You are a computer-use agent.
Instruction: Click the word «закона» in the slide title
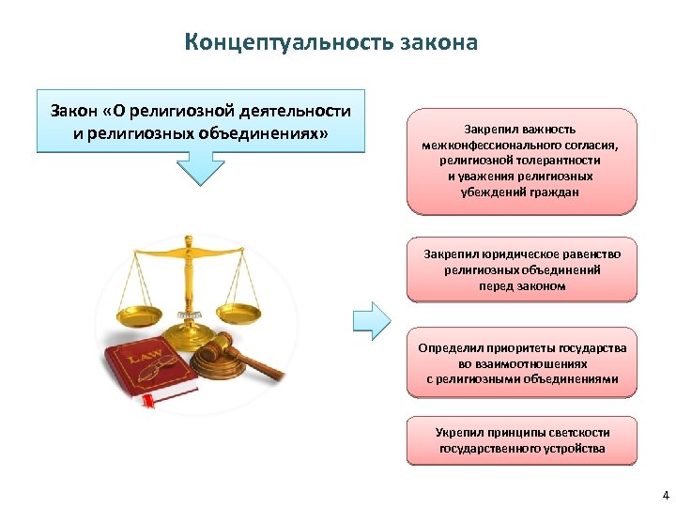439,43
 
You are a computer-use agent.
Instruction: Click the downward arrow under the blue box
198,172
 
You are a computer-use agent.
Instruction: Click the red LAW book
150,371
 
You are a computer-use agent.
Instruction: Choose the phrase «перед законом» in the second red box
522,285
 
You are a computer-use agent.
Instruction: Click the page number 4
665,495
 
